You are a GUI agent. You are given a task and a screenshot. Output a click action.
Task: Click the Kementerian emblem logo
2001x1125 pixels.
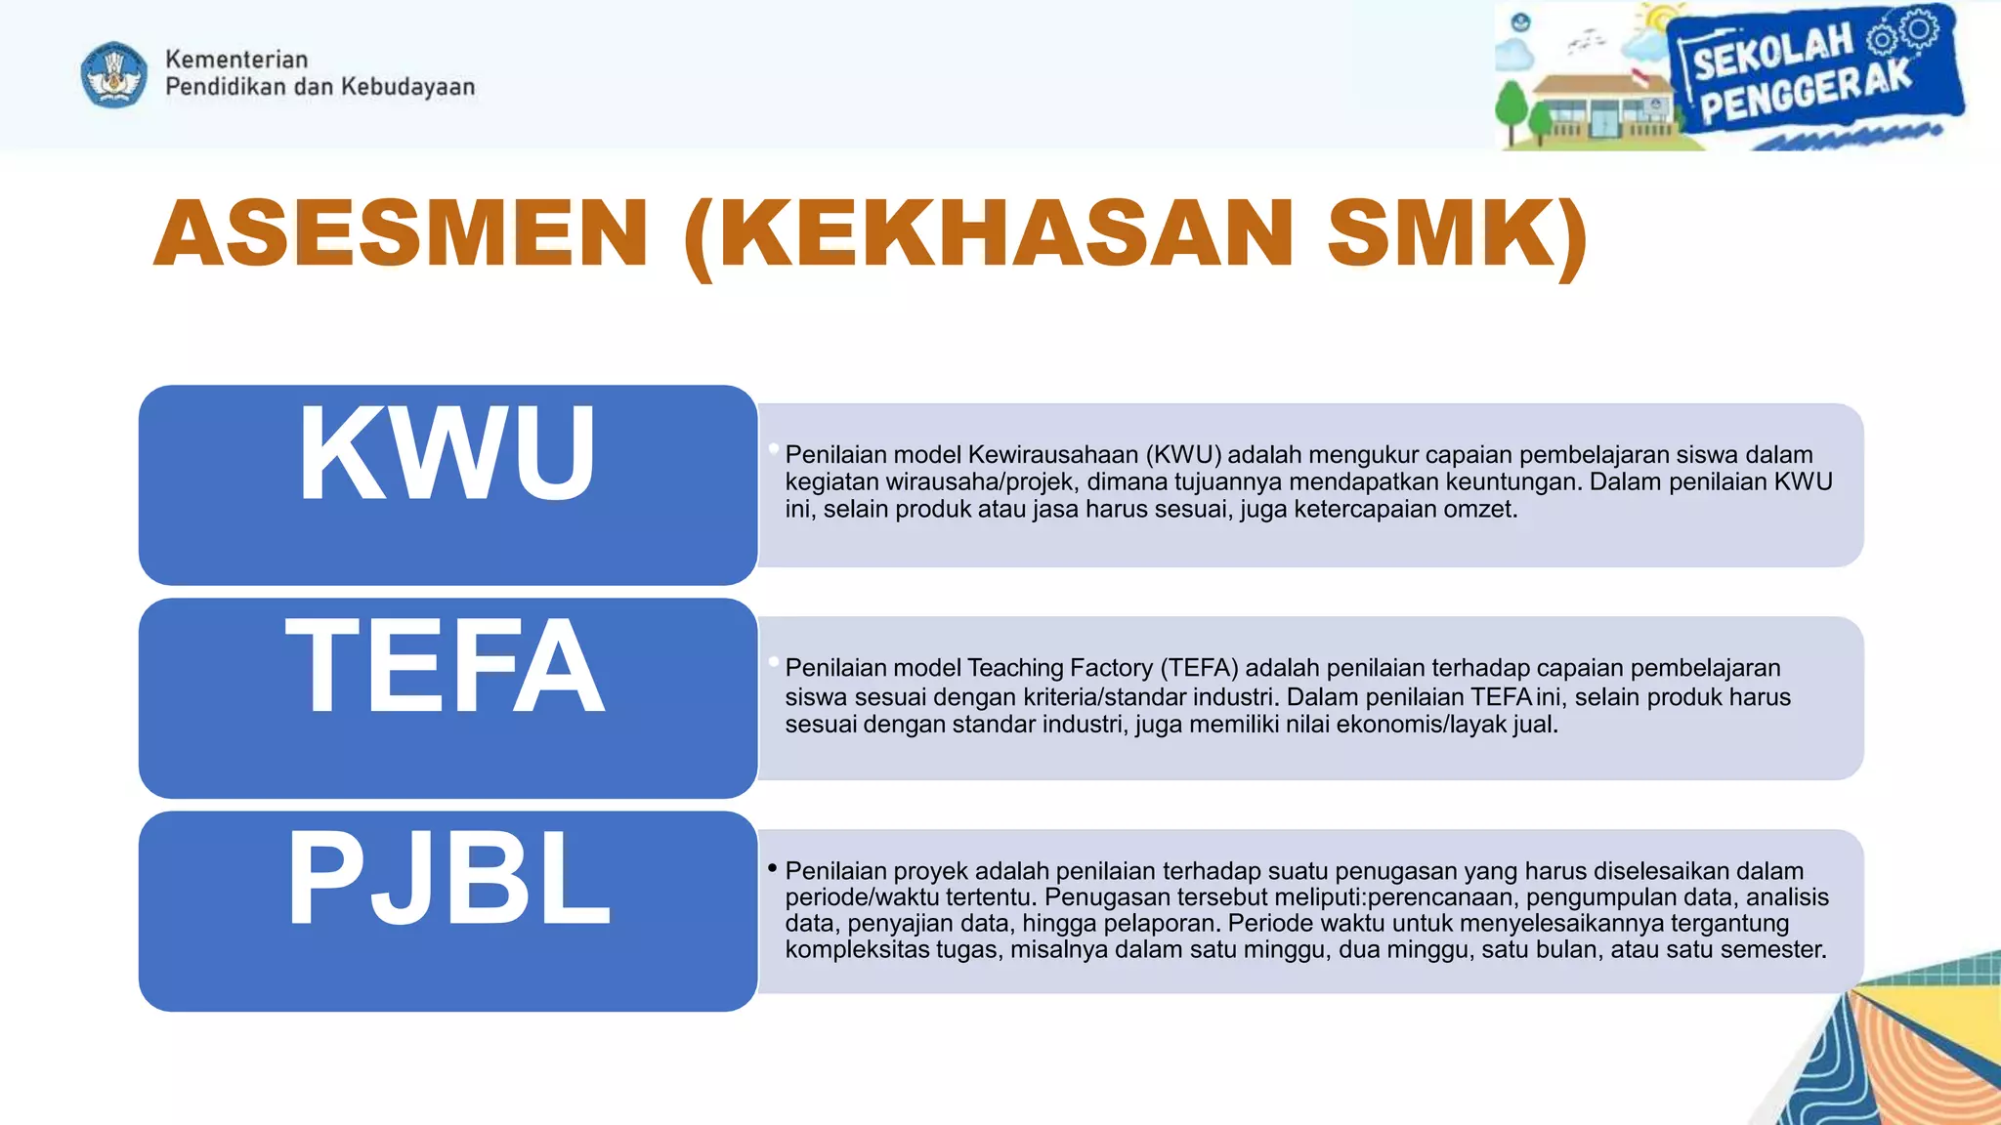[114, 74]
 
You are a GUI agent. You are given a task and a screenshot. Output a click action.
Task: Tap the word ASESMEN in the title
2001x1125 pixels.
[401, 233]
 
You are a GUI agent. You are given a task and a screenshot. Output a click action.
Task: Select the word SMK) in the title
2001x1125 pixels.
[1457, 233]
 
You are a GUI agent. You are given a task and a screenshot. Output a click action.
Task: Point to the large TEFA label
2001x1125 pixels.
[446, 667]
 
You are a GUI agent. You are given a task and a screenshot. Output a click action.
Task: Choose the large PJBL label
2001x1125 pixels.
[447, 878]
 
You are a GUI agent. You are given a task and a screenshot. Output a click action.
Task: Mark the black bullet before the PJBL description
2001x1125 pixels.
[772, 867]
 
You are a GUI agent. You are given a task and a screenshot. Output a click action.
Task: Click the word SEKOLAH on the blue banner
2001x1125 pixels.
[1772, 52]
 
